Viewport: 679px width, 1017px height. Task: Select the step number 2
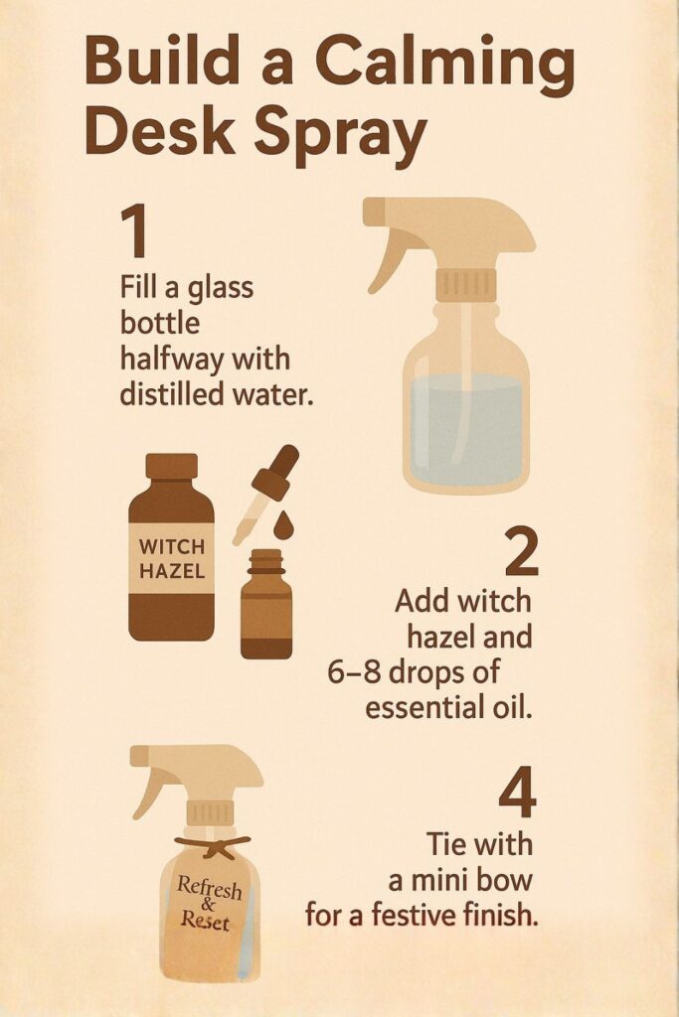point(521,553)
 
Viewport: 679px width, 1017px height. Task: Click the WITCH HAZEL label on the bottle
point(172,559)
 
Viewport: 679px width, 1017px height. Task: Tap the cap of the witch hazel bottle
point(171,466)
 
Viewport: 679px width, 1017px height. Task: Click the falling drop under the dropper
point(283,524)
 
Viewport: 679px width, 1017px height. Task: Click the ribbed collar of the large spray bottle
point(466,284)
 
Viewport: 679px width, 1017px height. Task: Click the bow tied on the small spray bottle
point(213,847)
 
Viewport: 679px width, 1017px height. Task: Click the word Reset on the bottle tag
point(205,921)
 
